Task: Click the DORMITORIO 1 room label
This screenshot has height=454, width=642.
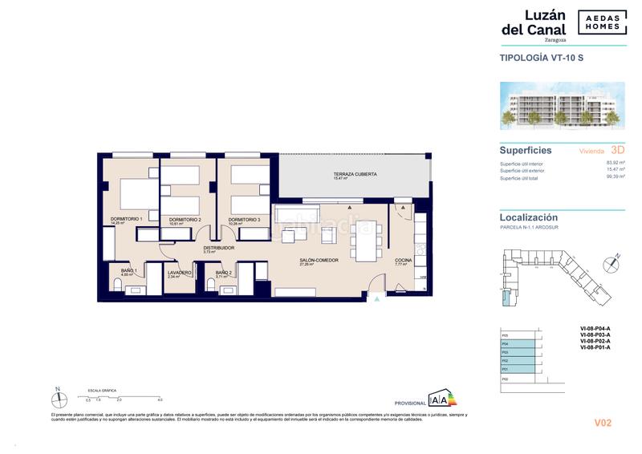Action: (x=126, y=219)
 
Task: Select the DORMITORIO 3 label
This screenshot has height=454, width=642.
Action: (x=243, y=219)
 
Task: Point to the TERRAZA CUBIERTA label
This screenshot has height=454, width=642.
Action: (x=355, y=174)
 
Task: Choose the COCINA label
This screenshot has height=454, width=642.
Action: (x=403, y=261)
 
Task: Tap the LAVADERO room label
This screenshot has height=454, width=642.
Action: (x=180, y=273)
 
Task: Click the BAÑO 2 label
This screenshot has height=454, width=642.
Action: (x=223, y=273)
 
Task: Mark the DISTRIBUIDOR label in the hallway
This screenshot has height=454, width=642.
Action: (x=218, y=249)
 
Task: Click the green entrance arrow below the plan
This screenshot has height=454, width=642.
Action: (x=377, y=300)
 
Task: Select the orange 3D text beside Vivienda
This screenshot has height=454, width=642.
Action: (x=617, y=149)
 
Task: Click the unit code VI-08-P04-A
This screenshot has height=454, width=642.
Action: (x=595, y=329)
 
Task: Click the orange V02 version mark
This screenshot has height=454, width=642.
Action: (x=603, y=423)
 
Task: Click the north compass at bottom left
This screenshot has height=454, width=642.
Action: (x=58, y=397)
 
